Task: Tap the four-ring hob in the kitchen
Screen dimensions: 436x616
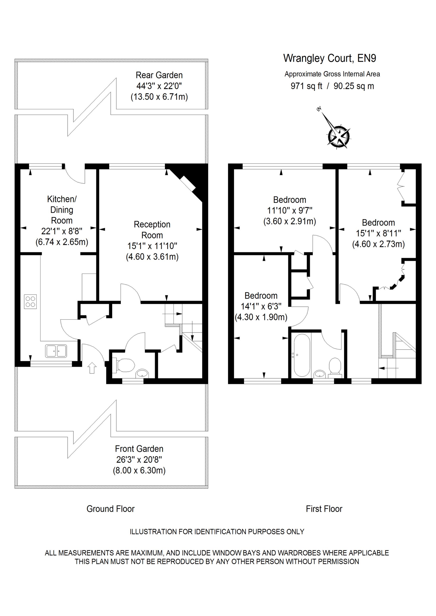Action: click(30, 301)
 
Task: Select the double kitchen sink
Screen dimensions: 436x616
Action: click(56, 351)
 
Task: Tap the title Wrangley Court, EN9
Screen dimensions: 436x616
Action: click(330, 58)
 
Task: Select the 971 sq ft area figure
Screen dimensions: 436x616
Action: click(306, 86)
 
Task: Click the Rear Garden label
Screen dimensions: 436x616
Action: click(159, 75)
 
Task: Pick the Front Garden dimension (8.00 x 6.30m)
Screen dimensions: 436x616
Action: click(139, 470)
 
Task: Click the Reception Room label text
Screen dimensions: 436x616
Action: click(152, 230)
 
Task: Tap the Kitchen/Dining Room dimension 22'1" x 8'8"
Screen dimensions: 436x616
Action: click(62, 231)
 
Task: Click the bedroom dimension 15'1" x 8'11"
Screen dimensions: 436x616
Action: click(378, 233)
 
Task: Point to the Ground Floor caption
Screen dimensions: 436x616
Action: click(110, 509)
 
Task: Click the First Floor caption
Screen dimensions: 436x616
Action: click(324, 509)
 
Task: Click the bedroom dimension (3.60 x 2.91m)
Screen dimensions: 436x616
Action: click(290, 221)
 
